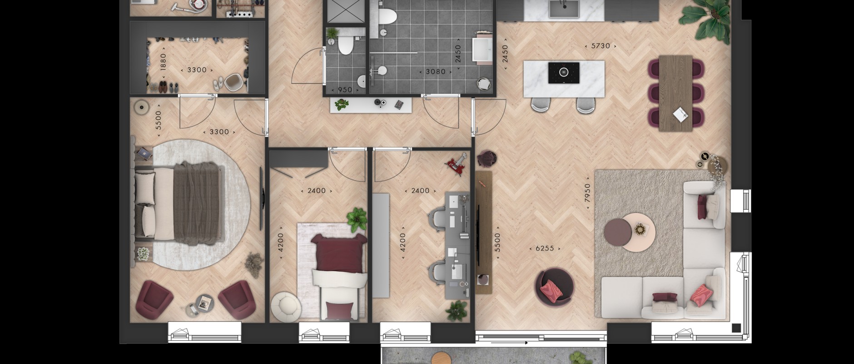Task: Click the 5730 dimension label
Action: pos(601,46)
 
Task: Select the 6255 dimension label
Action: pos(545,248)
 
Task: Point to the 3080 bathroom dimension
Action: pos(436,71)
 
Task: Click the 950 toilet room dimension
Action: pos(345,90)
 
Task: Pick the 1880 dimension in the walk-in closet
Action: pos(163,62)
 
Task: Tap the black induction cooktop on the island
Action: pos(563,73)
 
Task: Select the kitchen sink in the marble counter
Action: pos(563,9)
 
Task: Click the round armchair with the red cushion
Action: pos(554,286)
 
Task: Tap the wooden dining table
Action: pos(675,93)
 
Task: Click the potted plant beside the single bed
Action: pos(357,218)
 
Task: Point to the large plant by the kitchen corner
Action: pos(704,18)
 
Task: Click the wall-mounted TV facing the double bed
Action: pos(261,199)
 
